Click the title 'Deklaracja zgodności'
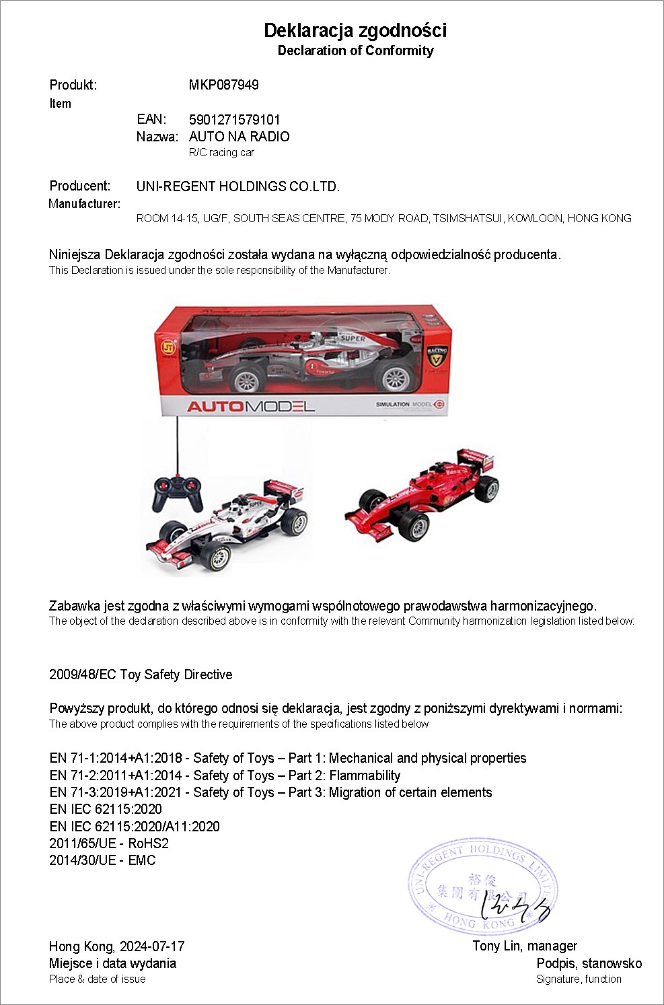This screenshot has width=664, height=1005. click(355, 30)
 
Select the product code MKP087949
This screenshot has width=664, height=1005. click(223, 85)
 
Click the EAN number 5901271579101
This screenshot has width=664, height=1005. click(234, 120)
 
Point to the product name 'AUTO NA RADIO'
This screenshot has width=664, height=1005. click(239, 137)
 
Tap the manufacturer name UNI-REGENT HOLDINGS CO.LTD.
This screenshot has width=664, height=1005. click(237, 186)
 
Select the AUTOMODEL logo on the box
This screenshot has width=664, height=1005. click(250, 406)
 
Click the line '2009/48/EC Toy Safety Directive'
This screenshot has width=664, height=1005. click(141, 674)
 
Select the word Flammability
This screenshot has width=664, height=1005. click(365, 775)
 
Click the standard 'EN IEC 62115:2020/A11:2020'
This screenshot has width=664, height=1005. click(135, 827)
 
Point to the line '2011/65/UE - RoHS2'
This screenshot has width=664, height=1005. click(109, 843)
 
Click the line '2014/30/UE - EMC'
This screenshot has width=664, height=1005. click(102, 860)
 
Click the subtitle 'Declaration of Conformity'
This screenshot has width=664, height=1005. click(355, 50)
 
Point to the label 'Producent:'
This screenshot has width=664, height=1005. click(79, 186)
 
